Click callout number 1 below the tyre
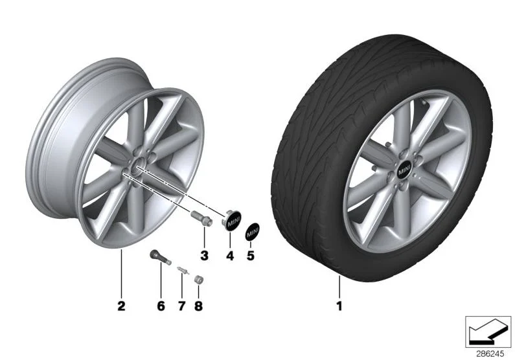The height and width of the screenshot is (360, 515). coord(339,306)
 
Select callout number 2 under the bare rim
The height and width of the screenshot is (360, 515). coord(121,306)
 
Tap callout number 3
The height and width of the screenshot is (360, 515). coord(204,255)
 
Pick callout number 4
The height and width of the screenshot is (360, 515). coord(230,255)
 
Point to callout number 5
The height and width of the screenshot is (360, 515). coord(251,255)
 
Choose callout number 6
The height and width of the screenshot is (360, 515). coord(161,306)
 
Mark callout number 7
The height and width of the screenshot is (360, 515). coord(181,306)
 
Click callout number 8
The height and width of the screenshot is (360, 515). coord(198,306)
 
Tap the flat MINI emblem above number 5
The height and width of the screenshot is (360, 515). coord(252,231)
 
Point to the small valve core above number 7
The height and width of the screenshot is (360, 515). coord(183,270)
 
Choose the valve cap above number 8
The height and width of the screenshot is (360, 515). coord(199,280)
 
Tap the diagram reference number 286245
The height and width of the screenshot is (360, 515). coord(490,354)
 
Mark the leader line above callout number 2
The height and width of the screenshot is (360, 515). coord(121,273)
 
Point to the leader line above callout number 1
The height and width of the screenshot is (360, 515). coord(339,287)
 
